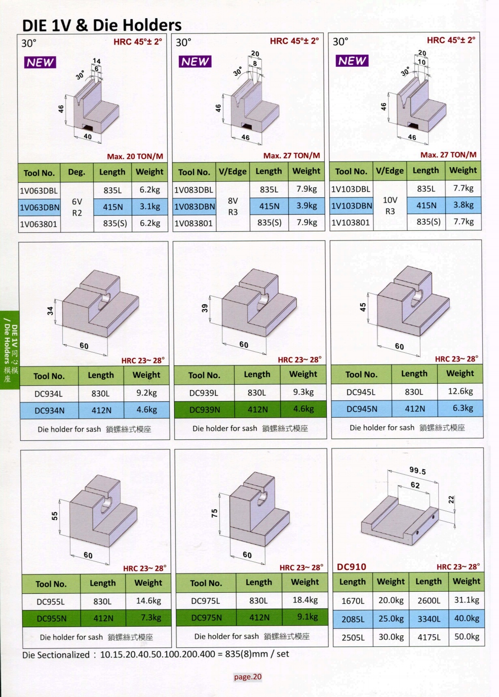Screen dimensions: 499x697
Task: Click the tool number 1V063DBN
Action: click(x=40, y=208)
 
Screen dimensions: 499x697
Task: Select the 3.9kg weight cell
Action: click(x=306, y=206)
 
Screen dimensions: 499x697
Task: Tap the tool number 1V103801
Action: click(x=350, y=223)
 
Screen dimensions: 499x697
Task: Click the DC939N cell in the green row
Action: click(x=205, y=410)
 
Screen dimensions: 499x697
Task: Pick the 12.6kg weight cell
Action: click(x=460, y=391)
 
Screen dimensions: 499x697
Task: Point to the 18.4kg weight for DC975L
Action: click(x=305, y=600)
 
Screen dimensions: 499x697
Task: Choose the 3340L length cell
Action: click(x=429, y=619)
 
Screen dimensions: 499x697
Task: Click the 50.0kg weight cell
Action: click(x=467, y=637)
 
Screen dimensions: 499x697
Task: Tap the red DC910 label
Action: click(x=352, y=567)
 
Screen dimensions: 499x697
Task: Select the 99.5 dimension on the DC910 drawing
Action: click(x=417, y=470)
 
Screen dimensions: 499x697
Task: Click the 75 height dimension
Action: click(x=215, y=513)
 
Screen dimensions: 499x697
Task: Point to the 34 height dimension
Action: click(x=51, y=311)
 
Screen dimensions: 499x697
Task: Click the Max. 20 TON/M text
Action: click(x=135, y=156)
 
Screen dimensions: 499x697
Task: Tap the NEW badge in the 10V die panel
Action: click(x=352, y=61)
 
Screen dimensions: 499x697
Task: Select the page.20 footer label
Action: click(x=248, y=677)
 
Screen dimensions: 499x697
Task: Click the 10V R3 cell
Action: click(x=390, y=206)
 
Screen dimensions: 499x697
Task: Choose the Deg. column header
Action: click(x=76, y=172)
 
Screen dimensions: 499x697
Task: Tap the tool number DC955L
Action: click(x=51, y=601)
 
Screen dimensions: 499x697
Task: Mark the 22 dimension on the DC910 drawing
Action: click(x=451, y=500)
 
